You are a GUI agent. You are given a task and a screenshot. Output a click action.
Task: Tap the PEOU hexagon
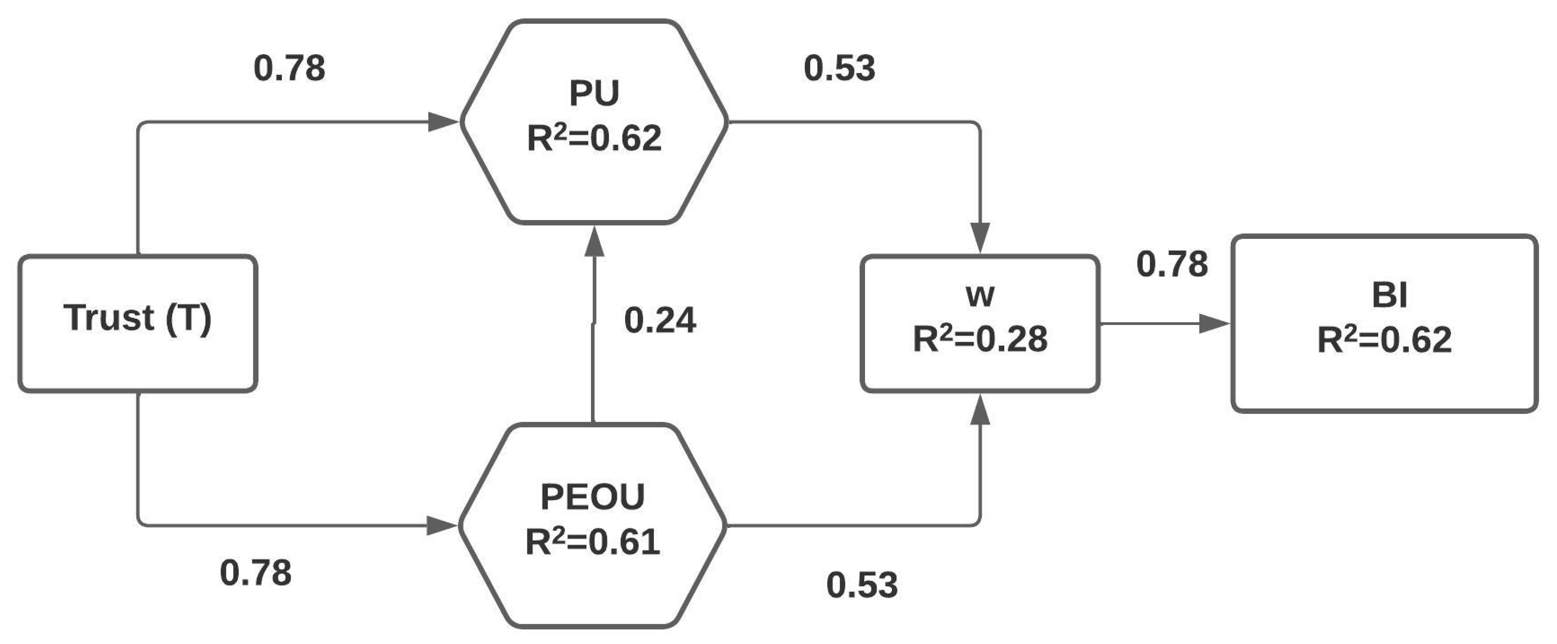593,526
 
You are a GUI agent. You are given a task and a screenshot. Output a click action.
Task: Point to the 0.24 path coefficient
660,320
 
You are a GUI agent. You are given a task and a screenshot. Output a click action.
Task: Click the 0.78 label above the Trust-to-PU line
290,68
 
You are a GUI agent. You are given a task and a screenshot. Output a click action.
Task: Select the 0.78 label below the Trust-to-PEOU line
256,573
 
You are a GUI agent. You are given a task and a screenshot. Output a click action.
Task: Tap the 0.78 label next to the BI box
1172,265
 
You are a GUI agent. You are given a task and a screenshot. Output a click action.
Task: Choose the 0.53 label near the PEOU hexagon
862,585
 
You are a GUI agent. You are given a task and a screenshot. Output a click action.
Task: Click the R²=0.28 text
980,339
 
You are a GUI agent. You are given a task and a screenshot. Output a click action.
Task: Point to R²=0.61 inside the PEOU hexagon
593,542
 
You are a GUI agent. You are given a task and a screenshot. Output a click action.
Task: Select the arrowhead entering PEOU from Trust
441,526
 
